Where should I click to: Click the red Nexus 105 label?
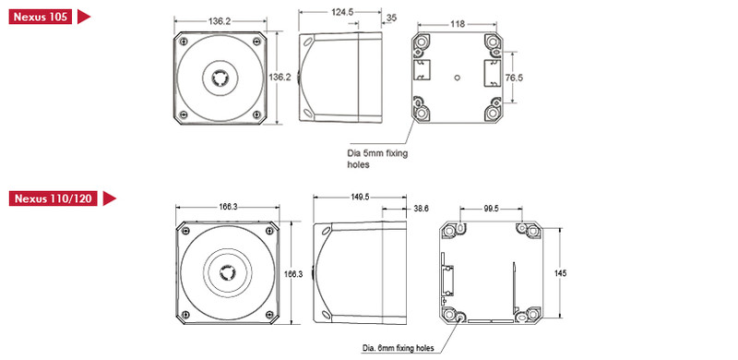41,17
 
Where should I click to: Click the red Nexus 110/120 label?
54,198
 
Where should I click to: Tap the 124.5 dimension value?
342,12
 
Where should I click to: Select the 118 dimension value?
458,24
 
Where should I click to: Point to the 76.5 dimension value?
514,78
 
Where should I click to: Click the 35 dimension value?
391,18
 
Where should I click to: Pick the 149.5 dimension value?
360,197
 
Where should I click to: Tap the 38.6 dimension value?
420,209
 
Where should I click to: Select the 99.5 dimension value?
491,209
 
